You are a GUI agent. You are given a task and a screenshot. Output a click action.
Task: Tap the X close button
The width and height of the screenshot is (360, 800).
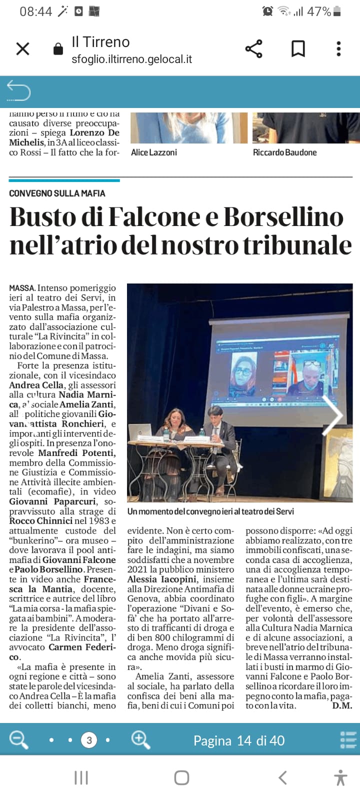click(x=23, y=49)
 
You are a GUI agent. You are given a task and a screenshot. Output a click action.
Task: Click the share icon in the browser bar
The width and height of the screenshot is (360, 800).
click(x=254, y=49)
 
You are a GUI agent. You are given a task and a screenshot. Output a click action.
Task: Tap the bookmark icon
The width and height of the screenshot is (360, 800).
click(x=298, y=49)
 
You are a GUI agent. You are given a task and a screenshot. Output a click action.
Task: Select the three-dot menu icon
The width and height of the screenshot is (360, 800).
click(x=338, y=49)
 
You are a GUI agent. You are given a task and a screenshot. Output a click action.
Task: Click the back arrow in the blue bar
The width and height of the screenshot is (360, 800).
click(x=18, y=91)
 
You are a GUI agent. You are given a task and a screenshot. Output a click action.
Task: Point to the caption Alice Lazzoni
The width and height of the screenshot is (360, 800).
click(x=154, y=152)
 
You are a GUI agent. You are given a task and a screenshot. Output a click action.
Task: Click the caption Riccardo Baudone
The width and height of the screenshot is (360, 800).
click(x=284, y=152)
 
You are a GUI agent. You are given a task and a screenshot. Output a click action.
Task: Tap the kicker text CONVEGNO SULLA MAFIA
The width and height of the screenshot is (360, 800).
click(x=57, y=193)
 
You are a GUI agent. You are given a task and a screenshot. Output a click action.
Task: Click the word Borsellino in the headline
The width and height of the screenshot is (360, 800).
click(x=283, y=217)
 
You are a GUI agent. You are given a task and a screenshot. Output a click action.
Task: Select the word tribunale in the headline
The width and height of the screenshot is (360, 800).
click(x=297, y=245)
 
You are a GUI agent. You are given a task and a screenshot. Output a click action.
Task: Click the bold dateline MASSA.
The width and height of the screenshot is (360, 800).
click(x=22, y=288)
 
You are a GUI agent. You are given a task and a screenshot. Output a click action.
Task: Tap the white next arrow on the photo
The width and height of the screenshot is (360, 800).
click(x=332, y=415)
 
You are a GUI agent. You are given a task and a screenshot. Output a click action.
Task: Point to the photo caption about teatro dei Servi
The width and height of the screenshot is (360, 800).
click(x=210, y=511)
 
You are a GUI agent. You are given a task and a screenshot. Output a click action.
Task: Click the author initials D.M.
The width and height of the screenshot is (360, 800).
click(x=342, y=705)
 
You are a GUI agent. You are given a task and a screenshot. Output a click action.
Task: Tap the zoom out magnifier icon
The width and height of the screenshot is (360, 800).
click(x=19, y=739)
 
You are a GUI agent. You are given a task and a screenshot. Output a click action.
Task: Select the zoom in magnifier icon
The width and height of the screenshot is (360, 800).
click(x=140, y=739)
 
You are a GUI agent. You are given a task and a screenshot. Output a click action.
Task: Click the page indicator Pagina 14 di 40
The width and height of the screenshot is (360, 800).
click(x=239, y=740)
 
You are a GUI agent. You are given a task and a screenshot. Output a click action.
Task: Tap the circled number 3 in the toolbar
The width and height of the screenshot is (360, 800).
click(x=89, y=740)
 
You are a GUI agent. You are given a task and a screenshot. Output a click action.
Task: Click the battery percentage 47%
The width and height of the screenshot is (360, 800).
click(x=318, y=11)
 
